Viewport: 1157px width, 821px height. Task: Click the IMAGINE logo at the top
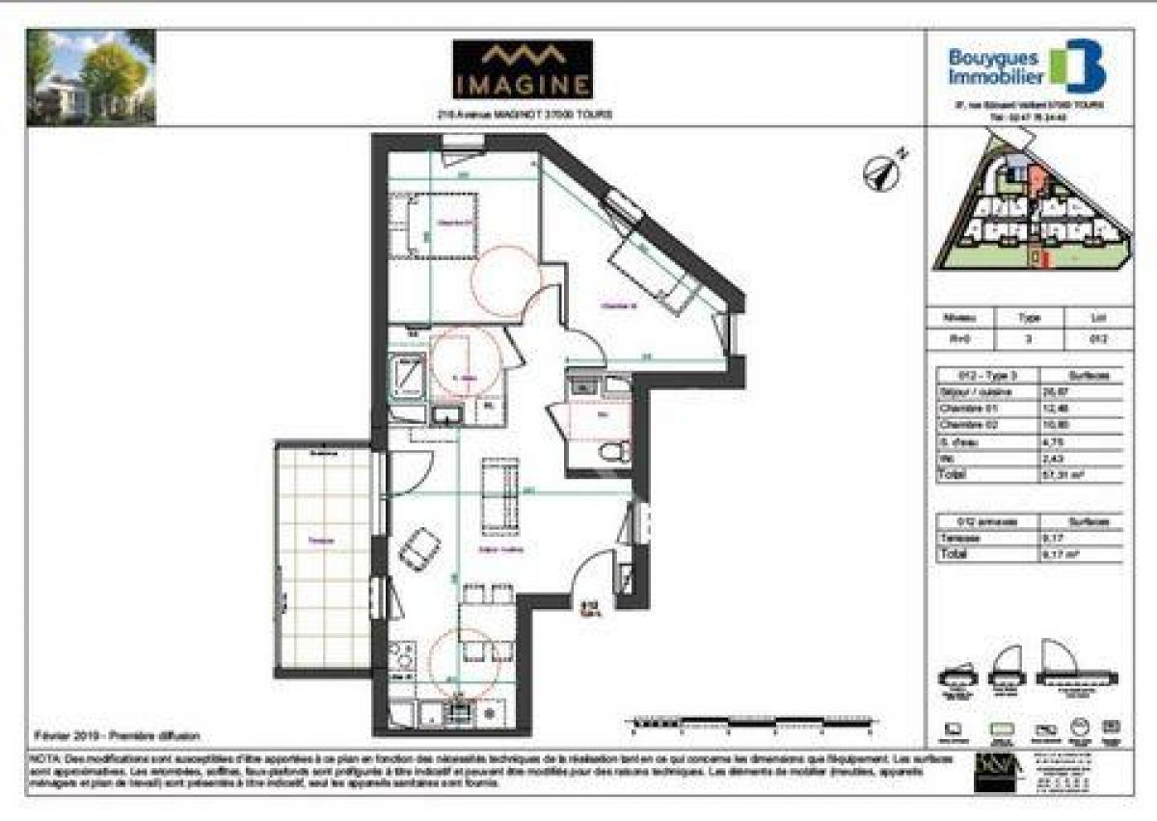(x=523, y=69)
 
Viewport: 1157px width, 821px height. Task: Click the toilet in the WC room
(x=613, y=451)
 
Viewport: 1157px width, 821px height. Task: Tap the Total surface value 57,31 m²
(x=1089, y=475)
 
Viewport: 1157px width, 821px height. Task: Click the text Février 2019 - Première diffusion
(x=116, y=735)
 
